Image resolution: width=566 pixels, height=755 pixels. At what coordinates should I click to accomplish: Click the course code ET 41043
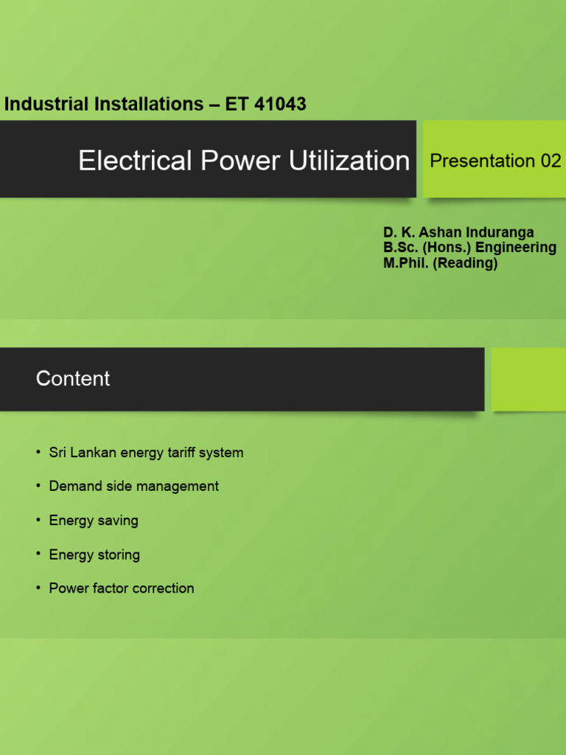coord(266,105)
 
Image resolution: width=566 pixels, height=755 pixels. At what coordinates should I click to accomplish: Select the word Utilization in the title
coord(350,161)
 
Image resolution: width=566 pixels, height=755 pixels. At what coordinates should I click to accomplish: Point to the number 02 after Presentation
coord(551,161)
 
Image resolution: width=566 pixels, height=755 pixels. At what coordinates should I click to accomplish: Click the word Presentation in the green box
coord(482,161)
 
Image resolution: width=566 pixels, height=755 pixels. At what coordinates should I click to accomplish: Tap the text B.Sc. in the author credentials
coord(401,248)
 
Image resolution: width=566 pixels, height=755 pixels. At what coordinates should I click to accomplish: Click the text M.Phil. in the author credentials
coord(406,263)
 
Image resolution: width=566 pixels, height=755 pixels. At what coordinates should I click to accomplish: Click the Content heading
coord(73,379)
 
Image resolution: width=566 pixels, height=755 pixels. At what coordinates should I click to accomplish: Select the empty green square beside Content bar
coord(528,379)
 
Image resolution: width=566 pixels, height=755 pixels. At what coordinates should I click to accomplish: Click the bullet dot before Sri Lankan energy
coord(38,452)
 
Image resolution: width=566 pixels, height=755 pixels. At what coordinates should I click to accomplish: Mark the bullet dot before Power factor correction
coord(38,588)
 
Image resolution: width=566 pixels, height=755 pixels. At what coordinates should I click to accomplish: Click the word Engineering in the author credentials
coord(516,248)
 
